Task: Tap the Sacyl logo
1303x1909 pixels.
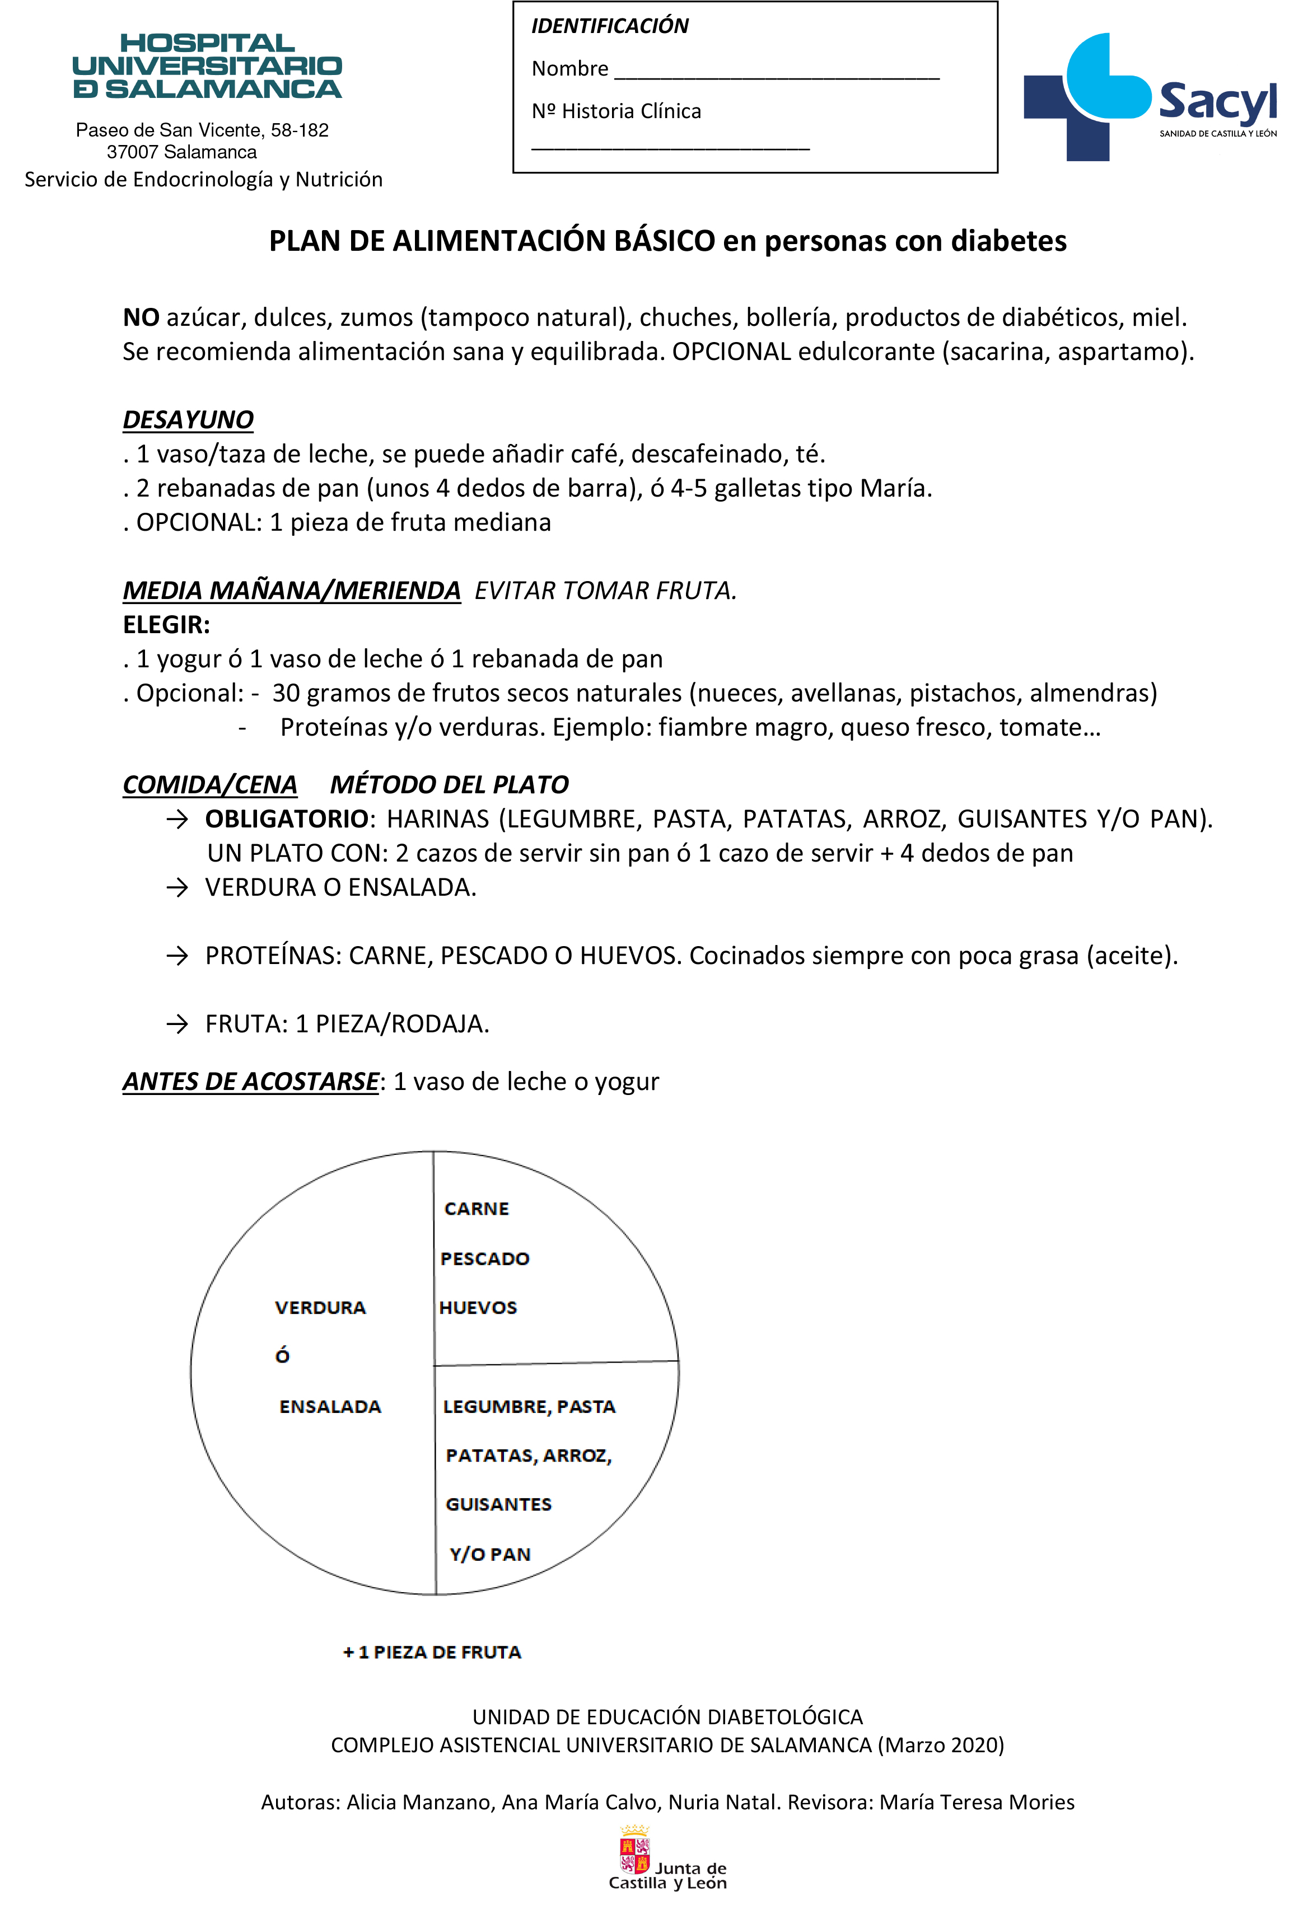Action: pos(1150,97)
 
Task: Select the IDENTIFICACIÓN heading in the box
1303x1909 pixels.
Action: pos(610,26)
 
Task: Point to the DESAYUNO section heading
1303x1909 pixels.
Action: pos(188,420)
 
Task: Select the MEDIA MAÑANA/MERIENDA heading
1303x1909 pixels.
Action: pos(292,591)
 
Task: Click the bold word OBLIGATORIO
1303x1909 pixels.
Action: pos(287,819)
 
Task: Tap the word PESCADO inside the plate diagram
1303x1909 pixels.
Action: pos(485,1258)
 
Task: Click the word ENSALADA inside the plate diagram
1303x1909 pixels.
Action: pos(330,1406)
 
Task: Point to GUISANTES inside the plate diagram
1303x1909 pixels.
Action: pos(499,1504)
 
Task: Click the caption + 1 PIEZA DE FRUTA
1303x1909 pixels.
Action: pos(432,1652)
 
